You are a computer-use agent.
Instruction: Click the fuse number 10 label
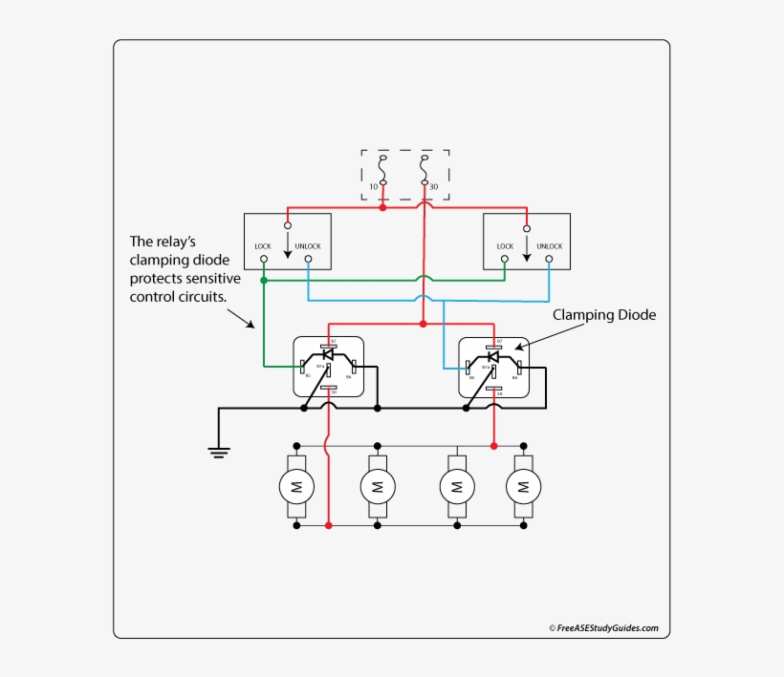tap(374, 186)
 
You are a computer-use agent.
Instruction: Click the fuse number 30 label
tap(433, 186)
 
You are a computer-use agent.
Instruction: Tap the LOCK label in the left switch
tap(263, 246)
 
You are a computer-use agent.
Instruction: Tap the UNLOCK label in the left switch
tap(308, 246)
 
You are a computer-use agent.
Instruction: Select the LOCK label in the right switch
tap(505, 246)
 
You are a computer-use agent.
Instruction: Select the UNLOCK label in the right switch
tap(550, 246)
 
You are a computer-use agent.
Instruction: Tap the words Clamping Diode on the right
tap(604, 314)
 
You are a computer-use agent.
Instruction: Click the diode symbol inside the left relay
tap(328, 354)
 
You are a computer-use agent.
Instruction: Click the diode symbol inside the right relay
tap(493, 355)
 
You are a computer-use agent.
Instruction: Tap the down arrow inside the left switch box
tap(288, 246)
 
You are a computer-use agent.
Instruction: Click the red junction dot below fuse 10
tap(383, 207)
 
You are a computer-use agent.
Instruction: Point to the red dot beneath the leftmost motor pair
tap(328, 525)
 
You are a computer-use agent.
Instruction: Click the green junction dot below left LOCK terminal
tap(264, 281)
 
